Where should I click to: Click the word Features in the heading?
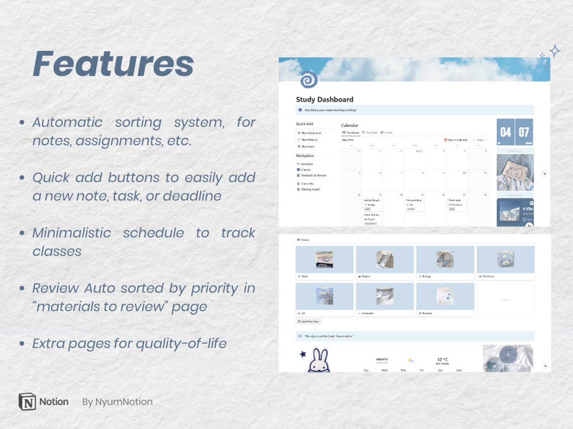click(113, 64)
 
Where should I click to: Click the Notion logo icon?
click(27, 402)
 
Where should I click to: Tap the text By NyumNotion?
click(117, 402)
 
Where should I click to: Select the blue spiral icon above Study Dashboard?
click(309, 79)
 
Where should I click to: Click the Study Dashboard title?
click(324, 99)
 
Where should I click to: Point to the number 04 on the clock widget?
click(506, 132)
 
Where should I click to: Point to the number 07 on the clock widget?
click(524, 132)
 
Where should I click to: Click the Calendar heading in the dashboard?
click(350, 125)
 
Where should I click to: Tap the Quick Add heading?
click(305, 124)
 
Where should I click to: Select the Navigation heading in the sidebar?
click(305, 156)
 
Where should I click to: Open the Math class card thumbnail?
click(324, 259)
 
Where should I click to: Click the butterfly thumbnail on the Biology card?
click(445, 259)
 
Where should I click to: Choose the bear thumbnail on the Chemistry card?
click(505, 259)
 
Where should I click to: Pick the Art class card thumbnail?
click(324, 296)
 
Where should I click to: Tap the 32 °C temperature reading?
click(442, 359)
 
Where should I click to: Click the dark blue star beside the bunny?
click(303, 354)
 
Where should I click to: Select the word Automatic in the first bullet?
click(67, 122)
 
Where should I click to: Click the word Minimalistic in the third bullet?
click(71, 233)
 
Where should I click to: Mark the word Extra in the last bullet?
click(48, 343)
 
